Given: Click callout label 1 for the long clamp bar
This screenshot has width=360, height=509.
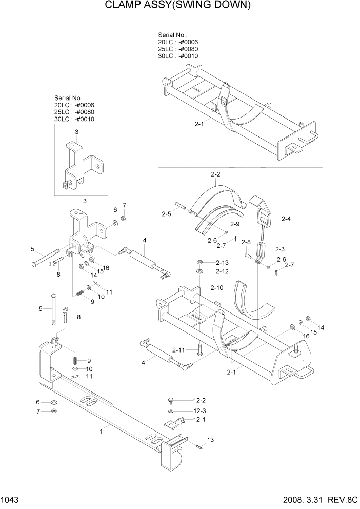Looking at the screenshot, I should point(102,432).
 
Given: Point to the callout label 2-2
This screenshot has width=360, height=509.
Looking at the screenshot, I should point(215,174).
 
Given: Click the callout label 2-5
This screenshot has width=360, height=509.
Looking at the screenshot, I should point(166,213).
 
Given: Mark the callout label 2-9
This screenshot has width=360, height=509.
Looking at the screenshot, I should point(235,224).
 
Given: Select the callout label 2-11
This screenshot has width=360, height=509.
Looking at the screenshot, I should point(178,350).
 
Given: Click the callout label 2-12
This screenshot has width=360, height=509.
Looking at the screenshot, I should point(222,271).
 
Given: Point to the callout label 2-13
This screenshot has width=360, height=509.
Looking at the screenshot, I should point(222,262).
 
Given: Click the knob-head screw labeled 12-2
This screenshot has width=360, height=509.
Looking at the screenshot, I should point(171,400).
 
